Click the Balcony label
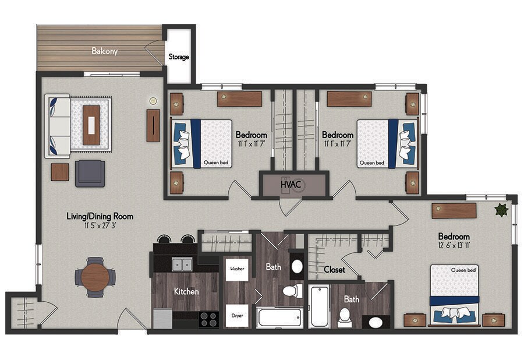click(x=104, y=51)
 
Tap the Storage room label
click(x=179, y=57)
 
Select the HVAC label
click(x=291, y=185)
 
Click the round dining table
click(x=95, y=277)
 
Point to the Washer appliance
click(x=237, y=269)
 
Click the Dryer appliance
click(x=237, y=315)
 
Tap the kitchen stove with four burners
click(x=208, y=319)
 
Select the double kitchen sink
click(x=183, y=264)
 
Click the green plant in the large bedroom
click(x=500, y=210)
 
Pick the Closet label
click(x=334, y=270)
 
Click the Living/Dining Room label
click(x=100, y=217)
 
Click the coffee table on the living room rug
click(x=91, y=125)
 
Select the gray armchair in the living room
click(x=90, y=174)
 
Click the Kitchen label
click(x=186, y=291)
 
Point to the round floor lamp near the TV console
click(x=153, y=100)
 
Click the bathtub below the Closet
click(x=319, y=306)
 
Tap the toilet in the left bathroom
click(x=290, y=291)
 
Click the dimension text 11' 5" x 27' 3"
click(x=100, y=226)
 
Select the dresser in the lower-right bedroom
click(x=454, y=210)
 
